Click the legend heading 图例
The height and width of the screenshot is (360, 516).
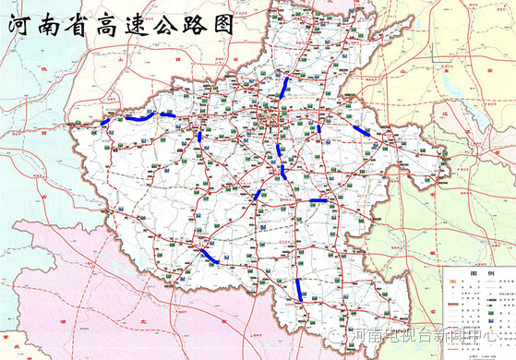click(476, 273)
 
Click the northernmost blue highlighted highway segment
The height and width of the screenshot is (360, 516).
click(285, 88)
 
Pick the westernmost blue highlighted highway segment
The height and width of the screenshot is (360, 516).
click(105, 121)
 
